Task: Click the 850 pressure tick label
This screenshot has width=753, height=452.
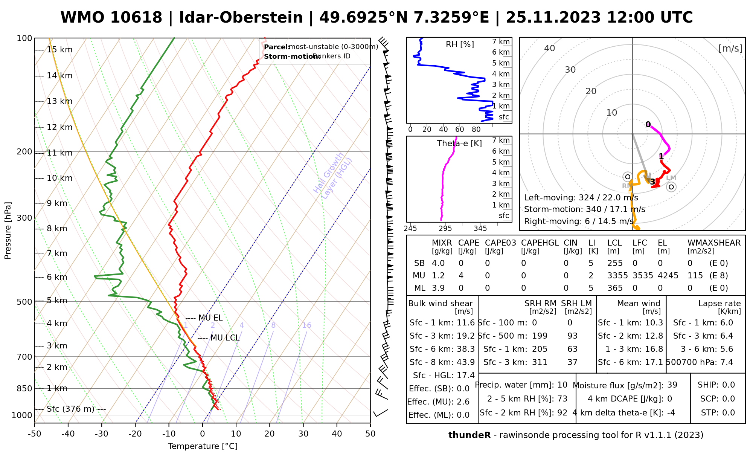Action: coord(24,388)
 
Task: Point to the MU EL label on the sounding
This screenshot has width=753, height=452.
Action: coord(210,318)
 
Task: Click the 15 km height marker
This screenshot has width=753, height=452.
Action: coord(59,50)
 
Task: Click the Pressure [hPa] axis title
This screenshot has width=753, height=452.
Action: coord(8,231)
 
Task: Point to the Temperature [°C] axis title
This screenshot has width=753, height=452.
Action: coord(203,446)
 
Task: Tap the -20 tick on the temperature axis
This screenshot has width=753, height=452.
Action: coord(135,434)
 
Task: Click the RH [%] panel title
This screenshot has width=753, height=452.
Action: coord(460,44)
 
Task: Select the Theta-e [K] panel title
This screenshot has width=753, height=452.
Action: coord(459,144)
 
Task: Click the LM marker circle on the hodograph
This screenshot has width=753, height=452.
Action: coord(671,187)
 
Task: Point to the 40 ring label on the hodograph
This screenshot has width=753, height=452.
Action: coord(550,48)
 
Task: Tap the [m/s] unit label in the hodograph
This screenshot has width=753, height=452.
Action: coord(730,49)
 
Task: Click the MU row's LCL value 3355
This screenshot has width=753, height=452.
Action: coord(617,276)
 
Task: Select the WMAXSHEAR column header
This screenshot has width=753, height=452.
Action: coord(714,243)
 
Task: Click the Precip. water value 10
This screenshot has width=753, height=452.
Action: coord(562,385)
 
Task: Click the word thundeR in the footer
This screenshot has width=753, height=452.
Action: coord(469,435)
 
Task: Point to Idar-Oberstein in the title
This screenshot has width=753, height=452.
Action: coord(241,18)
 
